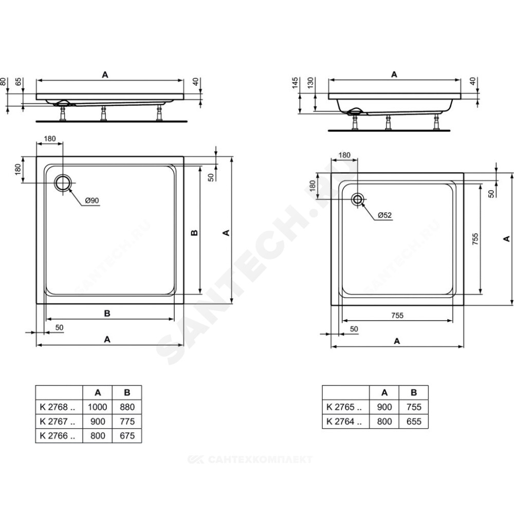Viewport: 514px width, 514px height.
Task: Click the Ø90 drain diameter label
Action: [x=92, y=200]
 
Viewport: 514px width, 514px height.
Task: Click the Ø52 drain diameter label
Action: [x=384, y=215]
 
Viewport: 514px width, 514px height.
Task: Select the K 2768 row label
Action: [x=58, y=407]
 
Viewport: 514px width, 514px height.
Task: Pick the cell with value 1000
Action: [x=97, y=407]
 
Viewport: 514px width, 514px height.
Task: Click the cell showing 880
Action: [x=127, y=407]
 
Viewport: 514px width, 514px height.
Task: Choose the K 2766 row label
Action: [x=58, y=436]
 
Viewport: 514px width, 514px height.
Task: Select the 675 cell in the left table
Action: [x=127, y=436]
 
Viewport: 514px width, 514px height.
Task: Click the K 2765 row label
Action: [x=344, y=407]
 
